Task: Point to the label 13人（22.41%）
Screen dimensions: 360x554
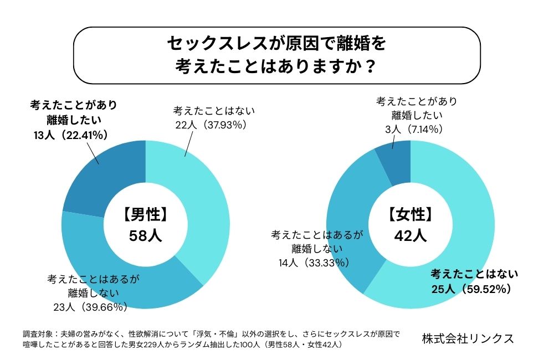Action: [70, 135]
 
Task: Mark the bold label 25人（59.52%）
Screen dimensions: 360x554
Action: [470, 289]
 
